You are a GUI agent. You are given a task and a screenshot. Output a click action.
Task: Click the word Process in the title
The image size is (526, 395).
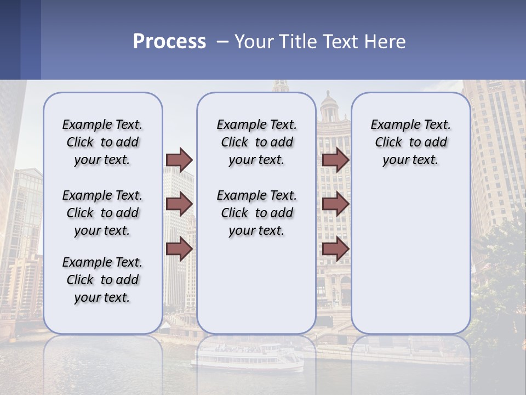pos(169,42)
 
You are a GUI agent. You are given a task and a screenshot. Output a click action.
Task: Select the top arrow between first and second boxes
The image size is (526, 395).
pos(179,160)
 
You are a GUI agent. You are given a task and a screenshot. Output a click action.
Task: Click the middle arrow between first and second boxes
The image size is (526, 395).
pos(179,204)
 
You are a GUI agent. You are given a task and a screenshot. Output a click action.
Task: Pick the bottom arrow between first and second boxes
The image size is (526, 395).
pos(179,249)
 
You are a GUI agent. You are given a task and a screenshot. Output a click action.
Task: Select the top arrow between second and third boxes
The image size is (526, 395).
pos(335,160)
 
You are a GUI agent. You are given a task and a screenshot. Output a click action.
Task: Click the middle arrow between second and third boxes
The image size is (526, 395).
pos(335,204)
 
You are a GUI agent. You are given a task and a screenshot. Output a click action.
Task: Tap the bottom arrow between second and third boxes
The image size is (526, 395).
pos(335,249)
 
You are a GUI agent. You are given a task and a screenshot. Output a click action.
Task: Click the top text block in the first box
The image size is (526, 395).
pos(102,142)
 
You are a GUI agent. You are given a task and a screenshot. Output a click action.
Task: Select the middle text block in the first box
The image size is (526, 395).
pos(102,213)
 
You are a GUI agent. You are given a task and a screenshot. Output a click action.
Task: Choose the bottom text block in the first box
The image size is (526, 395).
pos(102,280)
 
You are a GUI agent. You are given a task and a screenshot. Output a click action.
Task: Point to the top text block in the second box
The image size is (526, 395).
pos(256,142)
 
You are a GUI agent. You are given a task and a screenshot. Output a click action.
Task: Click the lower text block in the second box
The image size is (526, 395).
pos(256,213)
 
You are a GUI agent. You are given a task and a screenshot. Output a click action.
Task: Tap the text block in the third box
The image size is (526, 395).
pos(410,142)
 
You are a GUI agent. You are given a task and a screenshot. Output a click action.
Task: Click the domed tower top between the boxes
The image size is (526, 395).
pos(329,107)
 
